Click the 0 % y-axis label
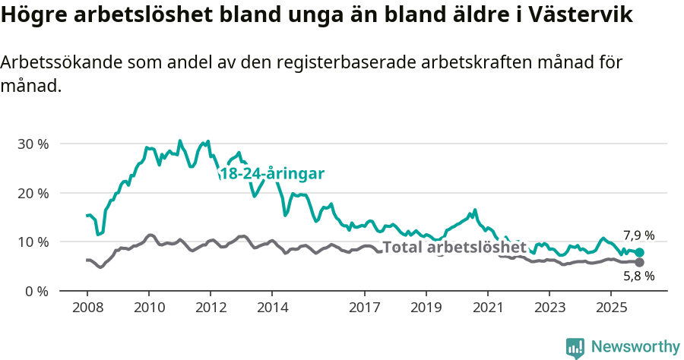pyautogui.click(x=36, y=291)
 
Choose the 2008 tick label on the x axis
pyautogui.click(x=87, y=308)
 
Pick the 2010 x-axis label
pyautogui.click(x=148, y=308)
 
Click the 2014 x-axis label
pyautogui.click(x=272, y=308)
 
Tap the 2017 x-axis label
pyautogui.click(x=364, y=308)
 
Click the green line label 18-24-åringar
pyautogui.click(x=272, y=174)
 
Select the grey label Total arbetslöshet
pyautogui.click(x=454, y=247)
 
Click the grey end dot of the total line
pyautogui.click(x=640, y=263)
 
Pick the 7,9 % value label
pyautogui.click(x=638, y=235)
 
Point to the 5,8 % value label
pyautogui.click(x=638, y=277)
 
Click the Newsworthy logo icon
pyautogui.click(x=575, y=347)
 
